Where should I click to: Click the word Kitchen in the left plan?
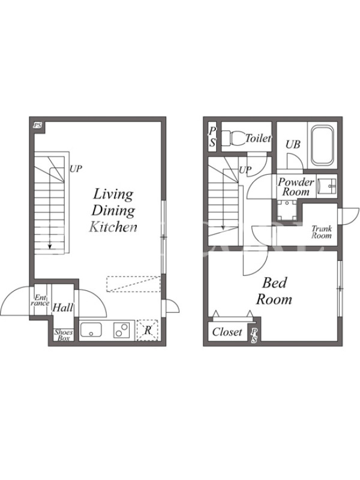click(x=113, y=227)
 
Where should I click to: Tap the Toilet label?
click(x=259, y=139)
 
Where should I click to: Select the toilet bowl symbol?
click(x=234, y=139)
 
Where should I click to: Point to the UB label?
click(x=293, y=144)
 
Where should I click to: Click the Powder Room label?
click(x=296, y=187)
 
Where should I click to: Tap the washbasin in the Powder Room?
click(x=326, y=186)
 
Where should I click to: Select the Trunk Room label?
click(x=322, y=232)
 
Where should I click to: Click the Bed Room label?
click(x=274, y=291)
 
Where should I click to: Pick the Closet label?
click(x=227, y=332)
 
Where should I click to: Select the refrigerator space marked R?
click(x=148, y=331)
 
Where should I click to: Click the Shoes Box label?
click(x=64, y=335)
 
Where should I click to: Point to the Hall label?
click(x=63, y=307)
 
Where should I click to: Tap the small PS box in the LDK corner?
click(x=38, y=125)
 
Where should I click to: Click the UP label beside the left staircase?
click(x=76, y=169)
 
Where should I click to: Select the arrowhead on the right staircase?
click(x=223, y=228)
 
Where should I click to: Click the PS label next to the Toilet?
click(x=212, y=137)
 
